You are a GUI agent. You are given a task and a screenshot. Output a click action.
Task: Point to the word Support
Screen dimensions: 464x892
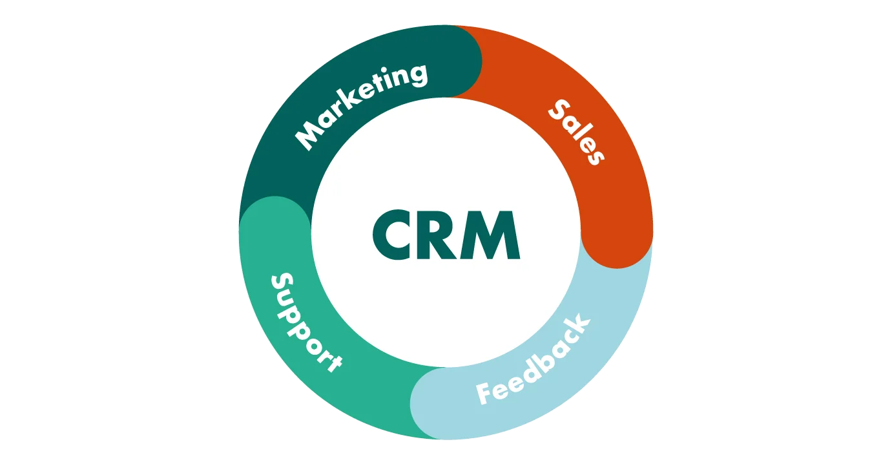(304, 322)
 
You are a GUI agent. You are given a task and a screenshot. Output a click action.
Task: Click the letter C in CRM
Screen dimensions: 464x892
(395, 236)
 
